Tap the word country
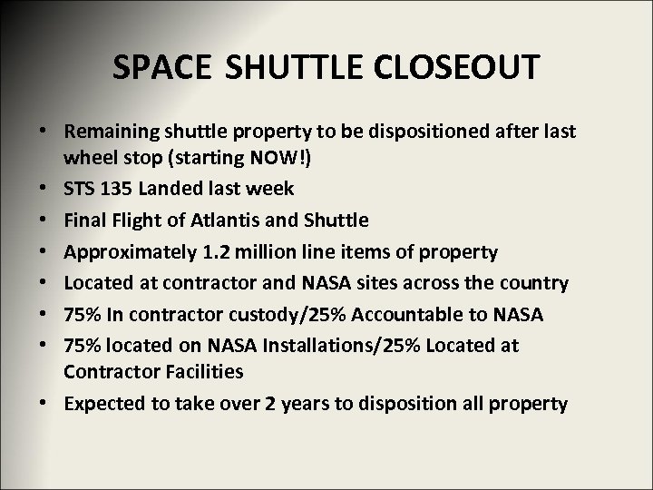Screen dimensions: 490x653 535,282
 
